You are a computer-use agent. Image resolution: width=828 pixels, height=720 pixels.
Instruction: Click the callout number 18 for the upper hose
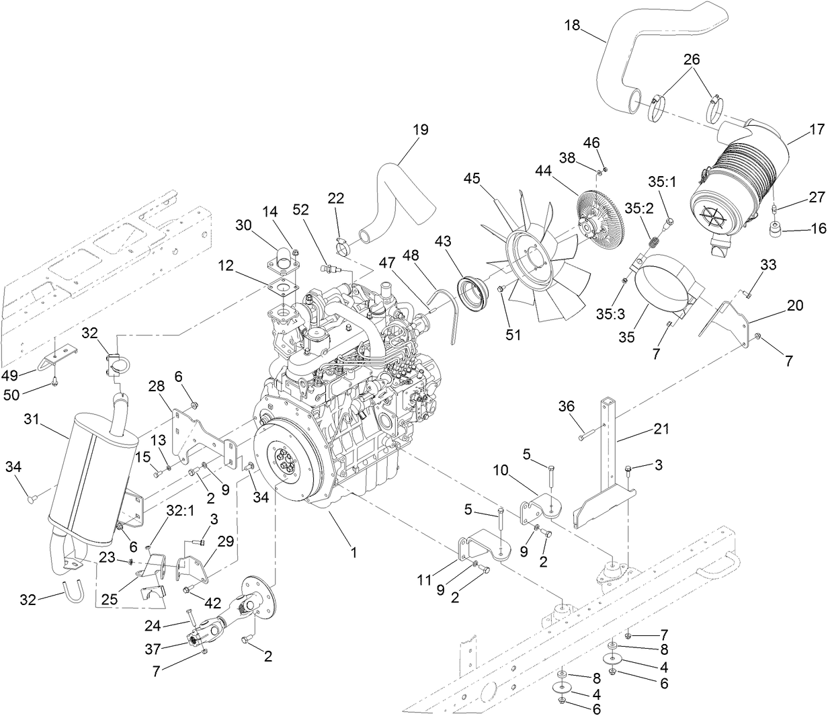571,26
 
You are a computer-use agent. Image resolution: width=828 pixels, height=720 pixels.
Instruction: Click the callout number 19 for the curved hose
421,130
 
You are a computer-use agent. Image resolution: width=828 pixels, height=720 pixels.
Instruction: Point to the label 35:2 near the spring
639,208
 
